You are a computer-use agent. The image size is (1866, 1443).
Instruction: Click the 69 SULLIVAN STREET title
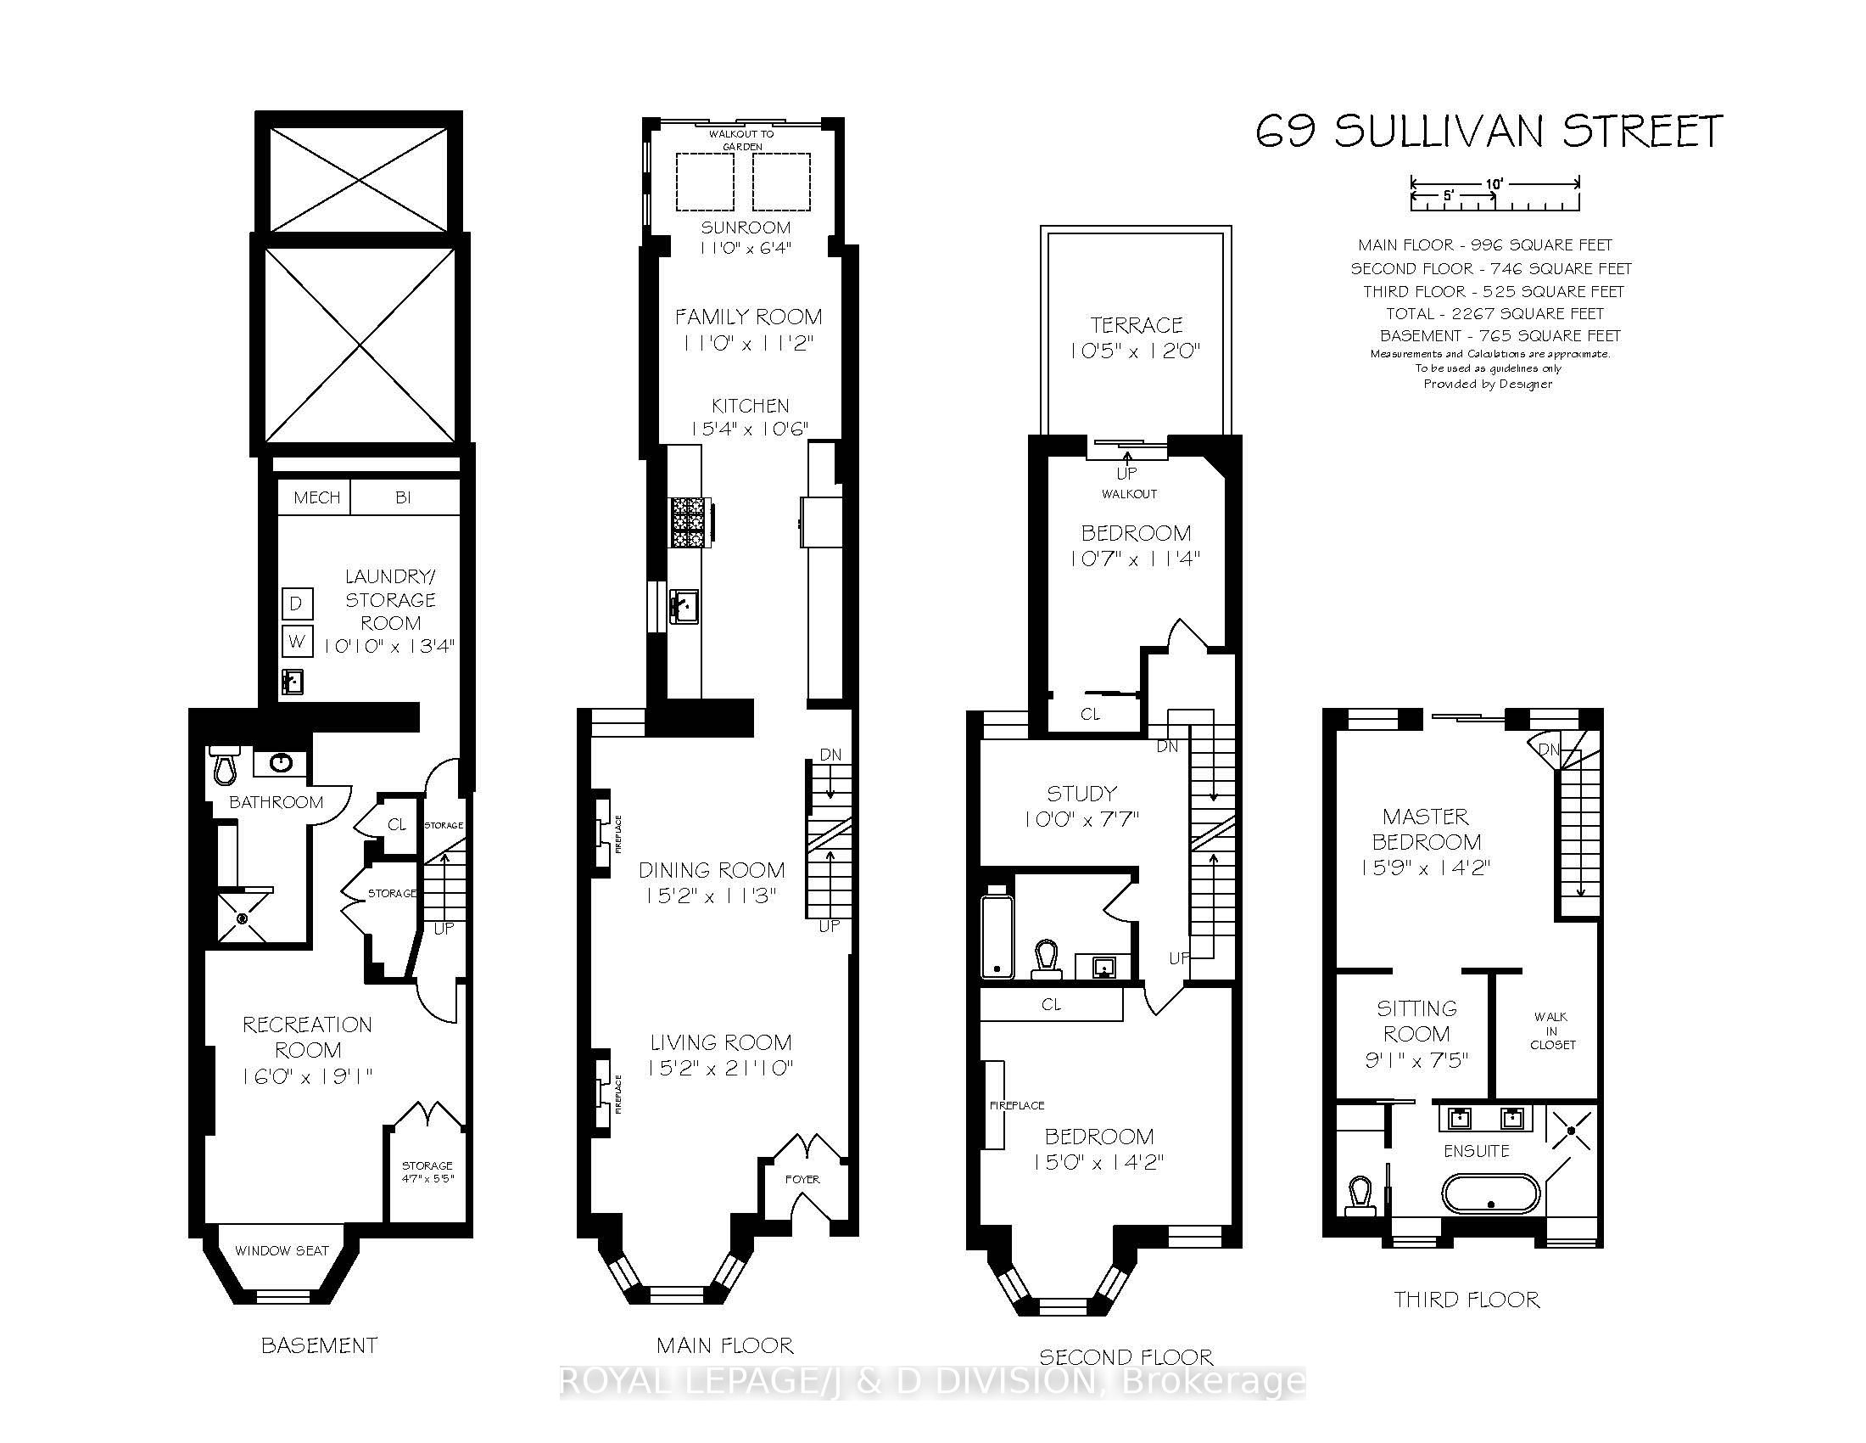pyautogui.click(x=1489, y=132)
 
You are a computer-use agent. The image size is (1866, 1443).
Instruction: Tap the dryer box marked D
pyautogui.click(x=297, y=604)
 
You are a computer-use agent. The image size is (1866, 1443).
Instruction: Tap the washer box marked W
pyautogui.click(x=297, y=641)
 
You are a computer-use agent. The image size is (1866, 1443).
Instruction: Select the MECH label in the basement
pyautogui.click(x=316, y=497)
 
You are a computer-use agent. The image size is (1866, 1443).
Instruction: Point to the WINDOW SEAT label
pyautogui.click(x=282, y=1250)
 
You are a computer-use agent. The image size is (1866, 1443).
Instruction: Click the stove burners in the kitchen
pyautogui.click(x=688, y=522)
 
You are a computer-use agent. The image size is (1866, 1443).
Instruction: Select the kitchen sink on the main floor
pyautogui.click(x=684, y=606)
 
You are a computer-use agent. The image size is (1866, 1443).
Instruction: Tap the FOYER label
pyautogui.click(x=802, y=1179)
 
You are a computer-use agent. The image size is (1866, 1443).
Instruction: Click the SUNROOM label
pyautogui.click(x=746, y=227)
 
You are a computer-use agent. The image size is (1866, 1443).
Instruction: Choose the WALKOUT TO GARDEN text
pyautogui.click(x=741, y=140)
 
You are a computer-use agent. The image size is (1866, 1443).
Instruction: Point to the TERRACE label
pyautogui.click(x=1137, y=325)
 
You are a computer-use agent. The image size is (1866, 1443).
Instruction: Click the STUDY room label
pyautogui.click(x=1081, y=794)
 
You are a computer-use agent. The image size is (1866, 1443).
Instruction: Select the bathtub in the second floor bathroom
pyautogui.click(x=997, y=936)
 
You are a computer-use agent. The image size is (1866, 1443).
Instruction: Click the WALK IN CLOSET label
pyautogui.click(x=1550, y=1030)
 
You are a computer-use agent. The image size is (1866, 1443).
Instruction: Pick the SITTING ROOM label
pyautogui.click(x=1416, y=1020)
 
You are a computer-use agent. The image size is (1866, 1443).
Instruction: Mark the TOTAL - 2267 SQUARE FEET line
pyautogui.click(x=1494, y=314)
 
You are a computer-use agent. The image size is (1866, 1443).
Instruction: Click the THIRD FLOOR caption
pyautogui.click(x=1467, y=1300)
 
